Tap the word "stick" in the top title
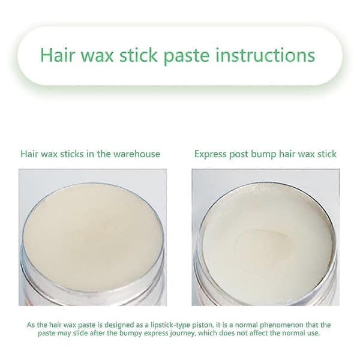click(139, 55)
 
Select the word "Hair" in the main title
click(58, 55)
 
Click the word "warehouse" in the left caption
click(137, 154)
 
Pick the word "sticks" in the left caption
click(72, 154)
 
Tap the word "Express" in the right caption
click(211, 154)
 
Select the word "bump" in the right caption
click(264, 154)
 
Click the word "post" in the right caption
click(239, 155)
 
